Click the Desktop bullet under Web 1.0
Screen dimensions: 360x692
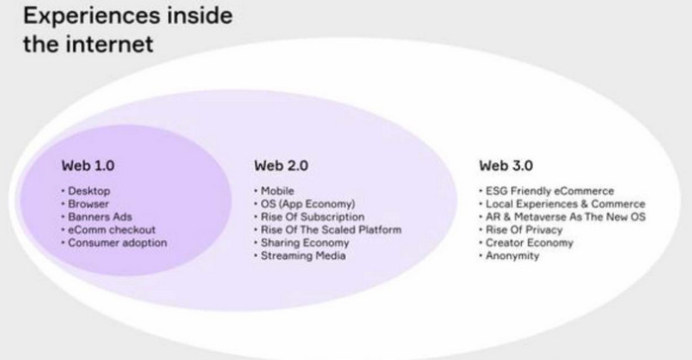[x=87, y=190]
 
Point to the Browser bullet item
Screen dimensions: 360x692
[x=88, y=203]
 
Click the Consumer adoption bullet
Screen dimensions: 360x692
[x=117, y=242]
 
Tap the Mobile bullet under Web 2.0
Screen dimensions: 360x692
[x=278, y=190]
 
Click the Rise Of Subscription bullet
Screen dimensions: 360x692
[x=309, y=216]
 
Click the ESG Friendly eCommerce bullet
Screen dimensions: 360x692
[x=549, y=190]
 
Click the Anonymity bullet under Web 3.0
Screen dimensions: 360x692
[x=511, y=255]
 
